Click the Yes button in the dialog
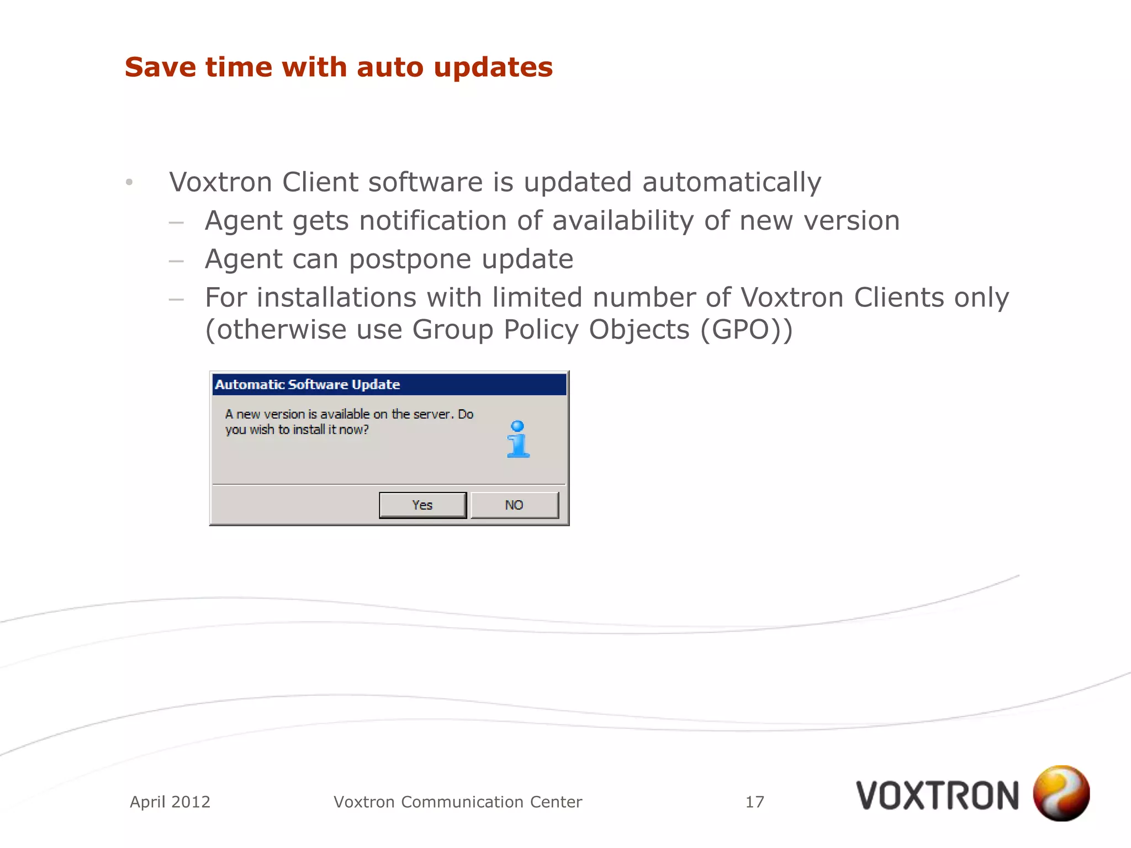422,505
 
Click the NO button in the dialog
514,505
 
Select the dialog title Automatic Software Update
308,385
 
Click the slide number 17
755,802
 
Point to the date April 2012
170,802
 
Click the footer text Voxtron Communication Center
458,802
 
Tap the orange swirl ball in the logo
1061,793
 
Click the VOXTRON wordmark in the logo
937,796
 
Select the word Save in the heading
160,67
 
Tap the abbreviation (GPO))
747,330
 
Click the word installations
336,298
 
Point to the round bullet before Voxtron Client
129,182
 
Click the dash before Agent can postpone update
176,261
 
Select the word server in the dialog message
433,415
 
